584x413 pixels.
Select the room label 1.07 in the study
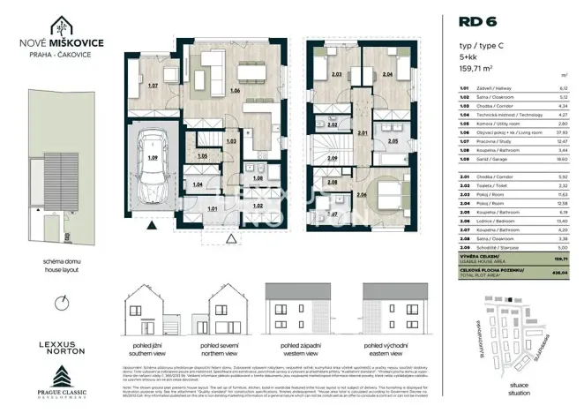click(153, 86)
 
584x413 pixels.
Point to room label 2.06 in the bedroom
click(363, 193)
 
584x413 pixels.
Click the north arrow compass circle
click(59, 303)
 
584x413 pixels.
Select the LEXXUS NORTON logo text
click(59, 346)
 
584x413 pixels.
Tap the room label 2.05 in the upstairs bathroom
click(393, 140)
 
